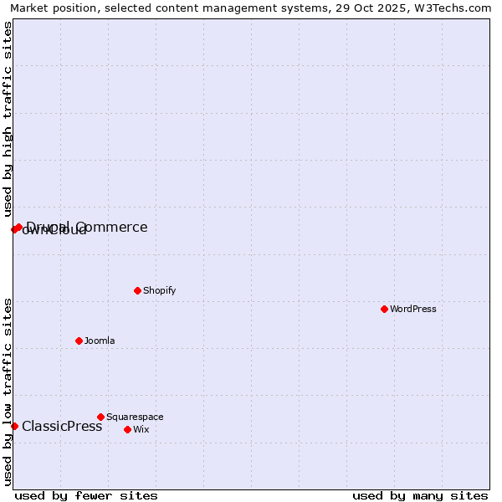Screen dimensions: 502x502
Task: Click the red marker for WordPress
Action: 384,309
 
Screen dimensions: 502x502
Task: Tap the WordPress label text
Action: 413,309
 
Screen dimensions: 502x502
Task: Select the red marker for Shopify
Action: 137,290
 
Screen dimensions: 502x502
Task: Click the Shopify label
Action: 160,290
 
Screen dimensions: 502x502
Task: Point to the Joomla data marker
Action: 79,341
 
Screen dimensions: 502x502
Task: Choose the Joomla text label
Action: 100,341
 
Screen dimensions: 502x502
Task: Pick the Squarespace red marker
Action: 100,417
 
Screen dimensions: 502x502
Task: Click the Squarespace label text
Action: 135,417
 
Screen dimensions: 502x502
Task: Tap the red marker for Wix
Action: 127,429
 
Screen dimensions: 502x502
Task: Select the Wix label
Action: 141,429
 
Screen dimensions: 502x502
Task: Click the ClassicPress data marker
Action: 14,426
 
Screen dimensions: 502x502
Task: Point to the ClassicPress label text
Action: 62,427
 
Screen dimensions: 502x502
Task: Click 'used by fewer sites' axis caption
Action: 86,495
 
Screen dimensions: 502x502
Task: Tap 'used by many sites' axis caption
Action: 420,495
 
